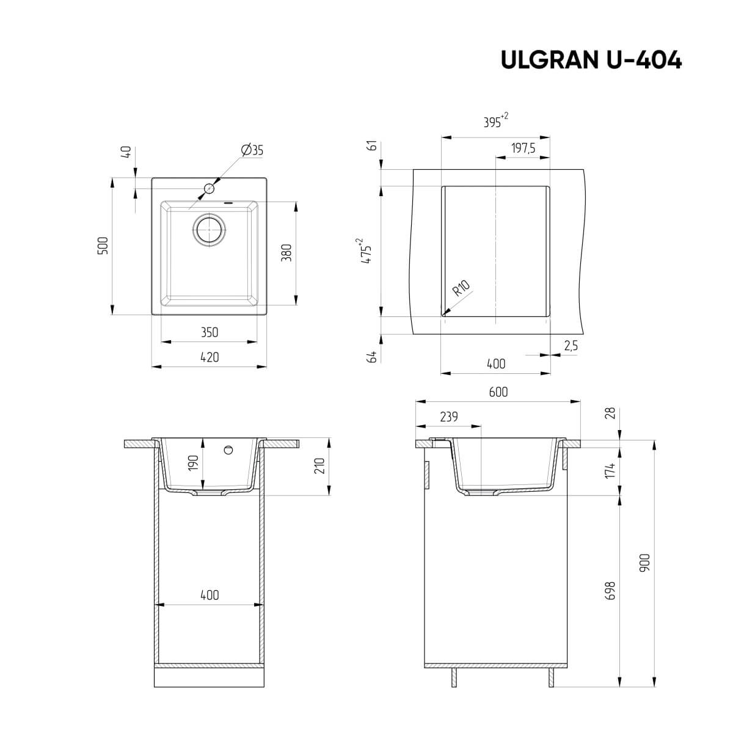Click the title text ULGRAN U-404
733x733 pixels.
pos(591,60)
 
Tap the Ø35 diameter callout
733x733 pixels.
pos(252,150)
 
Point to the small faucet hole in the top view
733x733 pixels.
pos(209,189)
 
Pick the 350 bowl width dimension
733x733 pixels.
pos(209,333)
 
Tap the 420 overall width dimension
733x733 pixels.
pos(209,357)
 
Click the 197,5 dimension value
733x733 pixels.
pos(523,148)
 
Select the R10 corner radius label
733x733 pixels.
pos(461,288)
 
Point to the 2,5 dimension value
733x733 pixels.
pos(571,346)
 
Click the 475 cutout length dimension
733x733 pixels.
pos(366,250)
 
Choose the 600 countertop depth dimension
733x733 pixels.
pos(498,392)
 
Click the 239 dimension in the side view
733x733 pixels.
pos(448,417)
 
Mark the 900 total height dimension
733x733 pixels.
pos(644,563)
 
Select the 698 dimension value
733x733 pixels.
pos(610,591)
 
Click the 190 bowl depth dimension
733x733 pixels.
pos(193,462)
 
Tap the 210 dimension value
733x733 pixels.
pos(320,467)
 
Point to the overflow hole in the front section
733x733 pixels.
pos(228,450)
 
